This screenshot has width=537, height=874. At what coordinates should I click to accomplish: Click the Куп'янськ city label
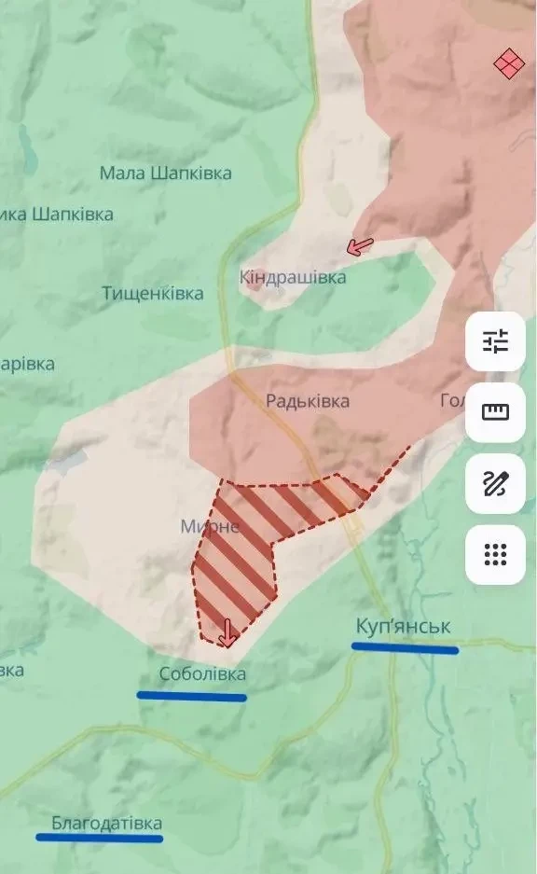tap(402, 625)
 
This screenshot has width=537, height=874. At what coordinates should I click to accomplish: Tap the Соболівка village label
tap(202, 673)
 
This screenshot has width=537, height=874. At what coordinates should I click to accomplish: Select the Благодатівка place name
tap(106, 824)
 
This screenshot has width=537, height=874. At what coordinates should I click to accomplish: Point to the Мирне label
tap(210, 527)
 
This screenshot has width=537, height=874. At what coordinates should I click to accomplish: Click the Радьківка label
tap(308, 401)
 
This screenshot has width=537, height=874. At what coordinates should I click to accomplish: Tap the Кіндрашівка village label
tap(293, 277)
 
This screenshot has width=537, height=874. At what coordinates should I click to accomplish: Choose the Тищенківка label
tap(153, 294)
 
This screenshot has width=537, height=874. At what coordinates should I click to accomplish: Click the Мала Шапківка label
tap(166, 173)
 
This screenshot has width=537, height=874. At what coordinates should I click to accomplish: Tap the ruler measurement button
tap(495, 412)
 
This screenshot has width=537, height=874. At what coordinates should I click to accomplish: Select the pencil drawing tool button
tap(495, 483)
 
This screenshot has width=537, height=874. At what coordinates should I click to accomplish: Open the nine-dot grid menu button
tap(495, 555)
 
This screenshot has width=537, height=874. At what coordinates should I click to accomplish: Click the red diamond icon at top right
tap(509, 64)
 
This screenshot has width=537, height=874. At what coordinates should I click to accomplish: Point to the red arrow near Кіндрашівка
tap(359, 247)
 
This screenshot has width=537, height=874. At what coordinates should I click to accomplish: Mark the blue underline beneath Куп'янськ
tap(405, 647)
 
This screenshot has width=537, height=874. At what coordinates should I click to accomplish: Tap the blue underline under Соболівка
tap(191, 696)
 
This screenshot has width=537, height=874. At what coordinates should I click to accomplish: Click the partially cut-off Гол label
tap(451, 401)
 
